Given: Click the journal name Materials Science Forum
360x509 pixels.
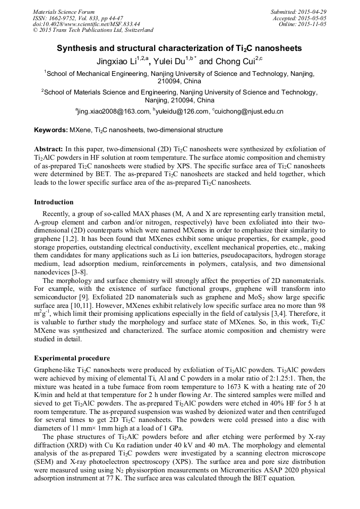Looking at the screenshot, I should (x=64, y=12).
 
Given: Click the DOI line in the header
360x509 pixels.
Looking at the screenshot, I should (x=86, y=24).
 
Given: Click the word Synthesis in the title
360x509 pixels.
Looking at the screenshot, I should (x=78, y=48).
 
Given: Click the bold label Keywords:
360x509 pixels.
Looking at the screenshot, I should (x=51, y=130).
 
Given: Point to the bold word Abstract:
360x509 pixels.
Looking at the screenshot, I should (x=49, y=149).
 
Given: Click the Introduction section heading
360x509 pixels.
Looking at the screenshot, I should (x=54, y=202).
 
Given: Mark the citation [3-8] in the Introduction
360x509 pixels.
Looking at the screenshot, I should (x=80, y=272).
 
